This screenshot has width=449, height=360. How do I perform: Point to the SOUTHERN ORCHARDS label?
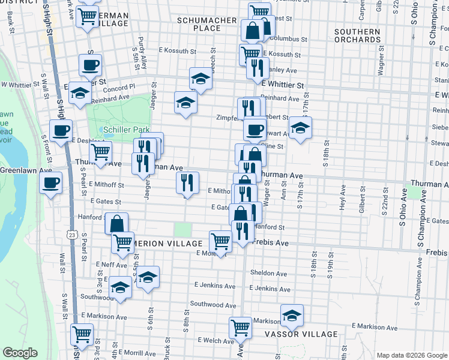click(358, 35)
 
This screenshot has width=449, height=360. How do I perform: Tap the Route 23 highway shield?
click(72, 233)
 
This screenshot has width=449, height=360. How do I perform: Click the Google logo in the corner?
click(20, 353)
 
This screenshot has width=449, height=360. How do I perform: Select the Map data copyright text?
click(411, 355)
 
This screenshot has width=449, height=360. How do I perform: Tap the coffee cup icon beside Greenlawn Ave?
click(51, 181)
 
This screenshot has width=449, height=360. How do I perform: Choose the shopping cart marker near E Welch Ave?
click(240, 328)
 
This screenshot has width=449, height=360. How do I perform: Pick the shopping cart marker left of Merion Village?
click(122, 242)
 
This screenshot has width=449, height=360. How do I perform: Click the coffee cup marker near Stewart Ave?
click(255, 128)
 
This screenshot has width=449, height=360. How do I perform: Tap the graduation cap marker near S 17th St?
click(300, 127)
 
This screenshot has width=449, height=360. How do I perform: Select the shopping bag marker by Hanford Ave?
click(116, 223)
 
